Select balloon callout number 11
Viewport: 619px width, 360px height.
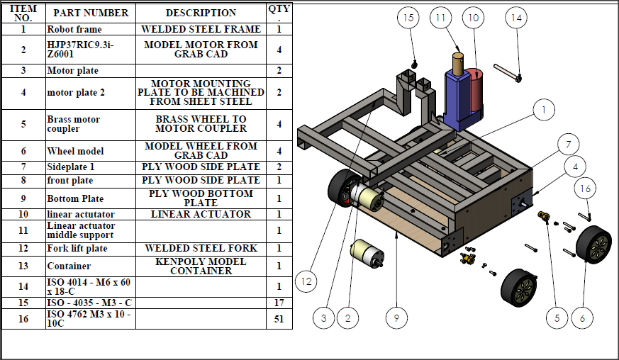coord(441,18)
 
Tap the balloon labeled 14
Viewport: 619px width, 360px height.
coord(515,18)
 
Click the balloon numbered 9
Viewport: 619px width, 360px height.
coord(396,318)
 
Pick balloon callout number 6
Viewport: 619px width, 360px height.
coord(582,318)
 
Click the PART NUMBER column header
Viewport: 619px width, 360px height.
coord(91,13)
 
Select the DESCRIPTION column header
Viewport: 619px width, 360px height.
coord(201,13)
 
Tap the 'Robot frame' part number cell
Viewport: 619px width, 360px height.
coord(91,30)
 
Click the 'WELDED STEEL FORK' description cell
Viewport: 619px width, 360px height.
coord(201,248)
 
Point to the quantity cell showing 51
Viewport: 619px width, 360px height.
coord(279,319)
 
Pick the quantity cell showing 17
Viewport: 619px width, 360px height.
coord(279,301)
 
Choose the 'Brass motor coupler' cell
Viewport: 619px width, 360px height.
coord(91,124)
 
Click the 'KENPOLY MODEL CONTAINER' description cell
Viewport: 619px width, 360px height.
coord(201,266)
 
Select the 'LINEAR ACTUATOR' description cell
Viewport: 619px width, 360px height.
coord(201,214)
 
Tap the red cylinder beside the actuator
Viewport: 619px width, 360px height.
coord(474,89)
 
